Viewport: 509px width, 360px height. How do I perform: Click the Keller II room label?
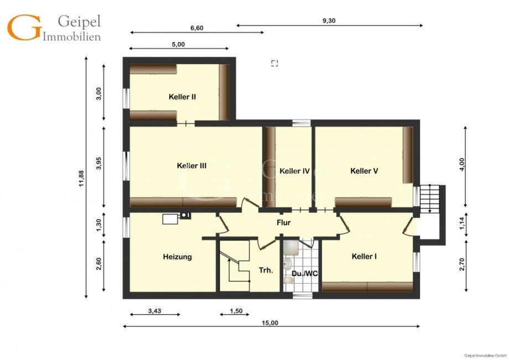[182, 97]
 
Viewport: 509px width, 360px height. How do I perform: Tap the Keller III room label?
[191, 166]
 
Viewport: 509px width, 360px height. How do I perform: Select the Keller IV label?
[294, 171]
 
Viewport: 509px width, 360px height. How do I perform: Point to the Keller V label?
[364, 171]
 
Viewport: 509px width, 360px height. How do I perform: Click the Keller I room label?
[364, 257]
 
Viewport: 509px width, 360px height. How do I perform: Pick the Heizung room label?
[177, 257]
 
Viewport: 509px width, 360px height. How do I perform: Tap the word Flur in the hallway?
[283, 223]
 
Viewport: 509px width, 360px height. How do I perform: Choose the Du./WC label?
[304, 273]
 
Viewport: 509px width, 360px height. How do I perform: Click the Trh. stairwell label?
[266, 270]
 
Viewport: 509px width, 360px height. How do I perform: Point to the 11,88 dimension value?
[81, 179]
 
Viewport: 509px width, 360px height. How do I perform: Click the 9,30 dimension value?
[329, 20]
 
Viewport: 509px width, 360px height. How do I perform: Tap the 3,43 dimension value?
[154, 311]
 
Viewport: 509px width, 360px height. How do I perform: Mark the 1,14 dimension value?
[463, 224]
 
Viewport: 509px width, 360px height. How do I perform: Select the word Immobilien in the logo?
[72, 36]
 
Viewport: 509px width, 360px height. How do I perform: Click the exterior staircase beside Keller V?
[429, 199]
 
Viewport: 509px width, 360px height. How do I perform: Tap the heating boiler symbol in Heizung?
[176, 218]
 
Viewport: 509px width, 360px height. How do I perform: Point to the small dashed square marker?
[274, 63]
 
